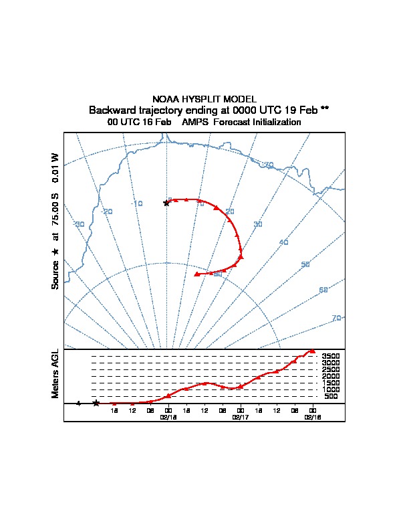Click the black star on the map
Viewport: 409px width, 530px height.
(x=166, y=203)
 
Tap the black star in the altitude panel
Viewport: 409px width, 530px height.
(x=96, y=403)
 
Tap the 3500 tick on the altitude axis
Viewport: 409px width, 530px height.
(x=331, y=357)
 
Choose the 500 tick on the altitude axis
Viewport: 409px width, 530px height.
(x=331, y=396)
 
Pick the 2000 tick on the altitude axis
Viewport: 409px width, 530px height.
(x=331, y=376)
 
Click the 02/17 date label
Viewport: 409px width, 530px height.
(x=240, y=416)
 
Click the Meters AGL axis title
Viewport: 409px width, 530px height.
(x=55, y=373)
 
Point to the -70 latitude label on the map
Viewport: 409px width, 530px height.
(x=268, y=165)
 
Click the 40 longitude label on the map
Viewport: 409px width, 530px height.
(x=283, y=242)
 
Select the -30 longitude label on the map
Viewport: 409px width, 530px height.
(x=79, y=224)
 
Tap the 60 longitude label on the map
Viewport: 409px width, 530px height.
(x=323, y=290)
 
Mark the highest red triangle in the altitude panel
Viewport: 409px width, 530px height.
(x=311, y=351)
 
